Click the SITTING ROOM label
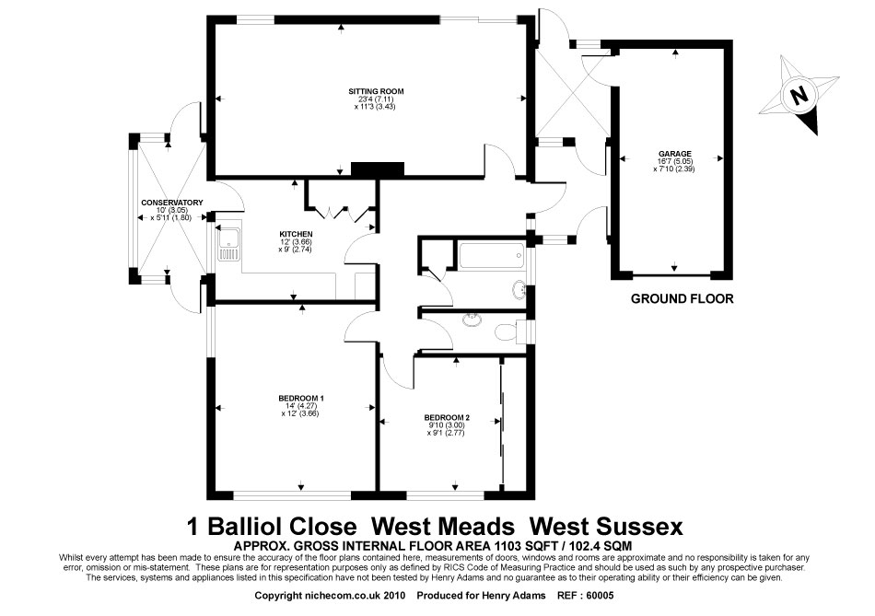tap(376, 91)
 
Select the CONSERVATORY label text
tap(172, 203)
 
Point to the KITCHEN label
tap(296, 235)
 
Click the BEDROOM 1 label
tap(301, 399)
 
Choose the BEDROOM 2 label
tap(447, 417)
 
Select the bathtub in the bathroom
tap(491, 256)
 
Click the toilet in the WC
tap(506, 331)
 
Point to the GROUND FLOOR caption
tap(682, 299)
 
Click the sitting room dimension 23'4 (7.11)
tap(376, 99)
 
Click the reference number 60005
tap(600, 596)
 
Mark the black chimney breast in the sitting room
tap(378, 169)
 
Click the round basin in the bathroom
tap(519, 290)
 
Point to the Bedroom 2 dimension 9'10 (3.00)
tap(447, 425)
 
